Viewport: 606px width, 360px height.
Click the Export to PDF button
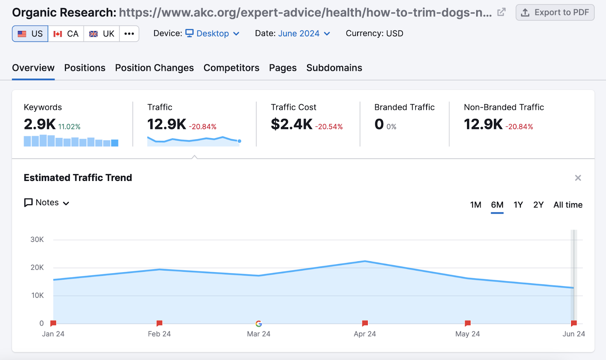tap(555, 12)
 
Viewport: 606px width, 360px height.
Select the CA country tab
tap(66, 34)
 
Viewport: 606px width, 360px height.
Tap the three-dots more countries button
tap(129, 34)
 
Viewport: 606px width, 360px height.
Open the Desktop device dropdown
tap(212, 34)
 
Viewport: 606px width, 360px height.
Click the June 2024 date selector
tap(304, 34)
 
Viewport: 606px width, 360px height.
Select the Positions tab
tap(85, 68)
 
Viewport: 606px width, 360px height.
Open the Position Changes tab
tap(154, 68)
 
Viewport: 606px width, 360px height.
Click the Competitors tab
tap(231, 68)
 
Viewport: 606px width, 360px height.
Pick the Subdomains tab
tap(334, 68)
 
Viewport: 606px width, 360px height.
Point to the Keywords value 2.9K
tap(40, 124)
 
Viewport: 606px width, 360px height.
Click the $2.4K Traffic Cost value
tap(292, 124)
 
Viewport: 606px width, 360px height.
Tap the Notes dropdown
tap(47, 203)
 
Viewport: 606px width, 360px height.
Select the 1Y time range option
tap(518, 205)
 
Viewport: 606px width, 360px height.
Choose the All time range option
tap(568, 205)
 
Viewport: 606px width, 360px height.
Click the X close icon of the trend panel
tap(578, 178)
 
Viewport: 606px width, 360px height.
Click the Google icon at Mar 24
tap(259, 324)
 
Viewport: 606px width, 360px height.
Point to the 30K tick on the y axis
tap(37, 240)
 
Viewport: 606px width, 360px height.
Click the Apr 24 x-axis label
tap(365, 334)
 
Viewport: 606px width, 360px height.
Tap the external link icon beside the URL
tap(501, 12)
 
